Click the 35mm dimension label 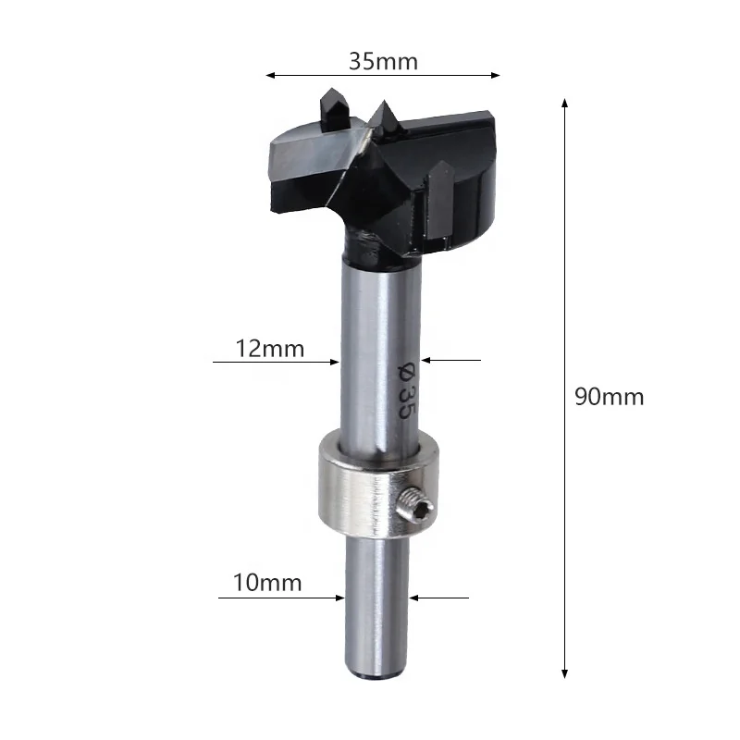pos(383,62)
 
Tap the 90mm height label pos(609,397)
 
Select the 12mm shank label pos(270,349)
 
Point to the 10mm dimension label pos(267,583)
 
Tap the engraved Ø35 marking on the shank pos(405,390)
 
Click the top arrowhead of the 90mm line pos(564,103)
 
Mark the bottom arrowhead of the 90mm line pos(564,674)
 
